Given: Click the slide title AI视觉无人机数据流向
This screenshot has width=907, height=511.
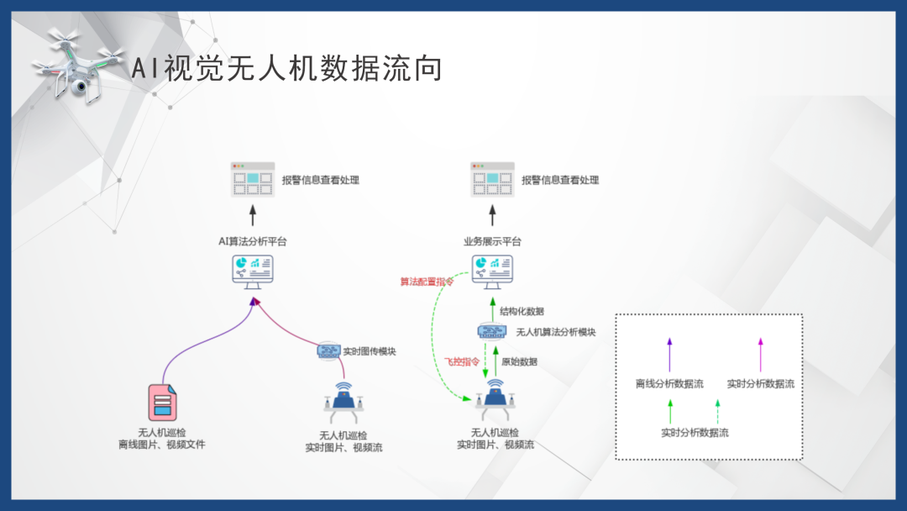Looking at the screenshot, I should (286, 69).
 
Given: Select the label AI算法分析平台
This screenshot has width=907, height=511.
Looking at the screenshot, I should (252, 241).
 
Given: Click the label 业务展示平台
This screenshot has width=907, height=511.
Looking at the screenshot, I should (492, 241).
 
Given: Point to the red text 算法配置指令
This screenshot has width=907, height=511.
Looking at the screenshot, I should (427, 282).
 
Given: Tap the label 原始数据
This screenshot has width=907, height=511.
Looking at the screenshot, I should (519, 361).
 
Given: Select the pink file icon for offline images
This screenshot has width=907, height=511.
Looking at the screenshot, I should (162, 402).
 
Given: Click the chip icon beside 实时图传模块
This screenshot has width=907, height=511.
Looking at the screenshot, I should (328, 350).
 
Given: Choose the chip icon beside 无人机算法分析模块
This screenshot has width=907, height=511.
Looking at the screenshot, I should (491, 331).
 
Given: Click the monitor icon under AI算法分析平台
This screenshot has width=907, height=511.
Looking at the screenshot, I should (252, 272).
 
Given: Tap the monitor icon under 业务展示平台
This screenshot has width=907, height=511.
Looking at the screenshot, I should (492, 272).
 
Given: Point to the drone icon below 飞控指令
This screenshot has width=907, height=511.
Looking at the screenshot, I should (495, 401).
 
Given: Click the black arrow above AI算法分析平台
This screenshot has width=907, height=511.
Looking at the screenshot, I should (252, 213).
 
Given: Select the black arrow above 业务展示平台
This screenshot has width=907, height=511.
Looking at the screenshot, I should (492, 213).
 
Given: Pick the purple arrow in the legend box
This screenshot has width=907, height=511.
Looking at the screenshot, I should (669, 354).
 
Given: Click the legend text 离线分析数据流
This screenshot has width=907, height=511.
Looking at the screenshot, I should (669, 384).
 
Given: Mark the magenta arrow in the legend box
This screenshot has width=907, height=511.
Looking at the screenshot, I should (761, 354).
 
